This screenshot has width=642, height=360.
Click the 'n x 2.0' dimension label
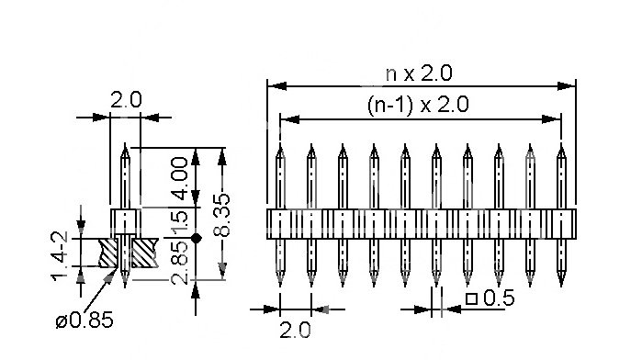419,73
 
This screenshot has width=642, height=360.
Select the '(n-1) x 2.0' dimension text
418,105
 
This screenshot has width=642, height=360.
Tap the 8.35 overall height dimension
222,215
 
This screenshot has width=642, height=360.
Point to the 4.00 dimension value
180,178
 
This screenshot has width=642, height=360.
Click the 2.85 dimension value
180,263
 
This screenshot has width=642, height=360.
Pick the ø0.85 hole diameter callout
84,320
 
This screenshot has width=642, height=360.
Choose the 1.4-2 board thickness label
60,256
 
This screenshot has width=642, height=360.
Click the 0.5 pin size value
499,298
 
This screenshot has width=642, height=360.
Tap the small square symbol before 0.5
472,298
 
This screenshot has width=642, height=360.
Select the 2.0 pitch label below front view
295,330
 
